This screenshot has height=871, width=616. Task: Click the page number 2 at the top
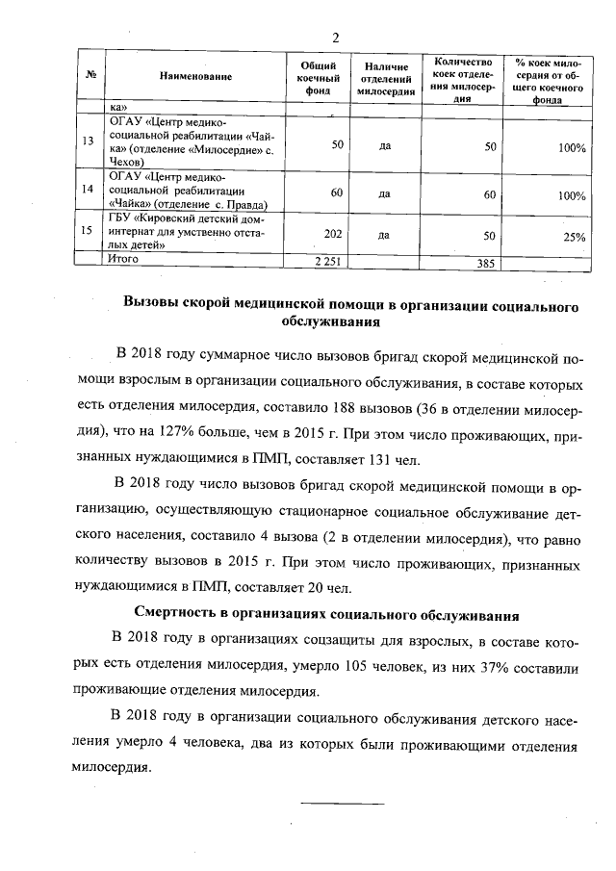point(336,38)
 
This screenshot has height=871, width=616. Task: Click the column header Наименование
point(196,76)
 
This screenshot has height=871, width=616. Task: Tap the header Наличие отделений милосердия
point(385,76)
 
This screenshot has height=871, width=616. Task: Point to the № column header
point(90,76)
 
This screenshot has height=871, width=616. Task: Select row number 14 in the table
point(89,191)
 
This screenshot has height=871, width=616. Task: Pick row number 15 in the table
point(89,231)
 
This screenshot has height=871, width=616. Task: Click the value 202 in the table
point(333,234)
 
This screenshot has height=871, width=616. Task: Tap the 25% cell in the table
point(574,237)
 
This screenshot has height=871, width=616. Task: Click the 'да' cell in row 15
point(384,234)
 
